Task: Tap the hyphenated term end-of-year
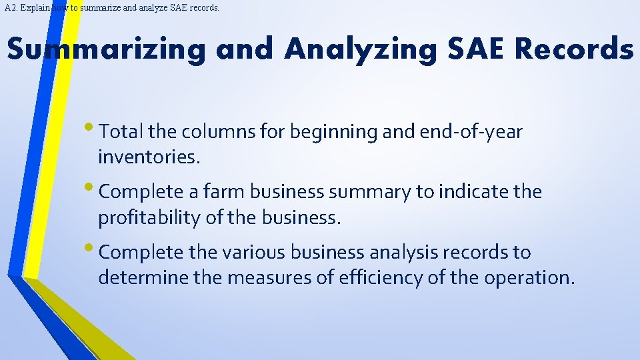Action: click(471, 133)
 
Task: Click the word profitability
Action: click(149, 218)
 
